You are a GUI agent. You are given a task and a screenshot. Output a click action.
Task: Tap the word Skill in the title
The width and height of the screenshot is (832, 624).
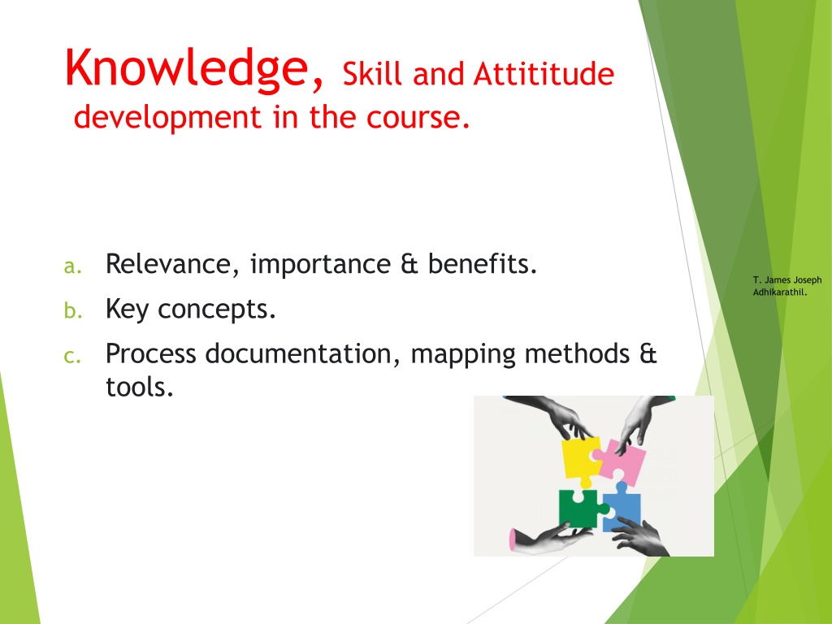tap(372, 73)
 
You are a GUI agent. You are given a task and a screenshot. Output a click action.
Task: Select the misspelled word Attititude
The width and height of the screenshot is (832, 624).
tap(544, 73)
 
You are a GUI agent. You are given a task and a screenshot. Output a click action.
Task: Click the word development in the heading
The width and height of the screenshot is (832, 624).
tap(167, 118)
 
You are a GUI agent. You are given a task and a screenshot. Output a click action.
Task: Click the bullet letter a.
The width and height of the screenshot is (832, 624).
tap(72, 266)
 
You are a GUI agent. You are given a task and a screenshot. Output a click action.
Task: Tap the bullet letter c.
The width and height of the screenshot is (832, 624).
tap(72, 356)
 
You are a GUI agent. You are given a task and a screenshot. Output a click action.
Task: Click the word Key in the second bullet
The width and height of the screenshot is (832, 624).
tap(127, 310)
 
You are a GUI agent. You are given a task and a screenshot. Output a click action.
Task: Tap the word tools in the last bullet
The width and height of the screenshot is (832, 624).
tap(140, 387)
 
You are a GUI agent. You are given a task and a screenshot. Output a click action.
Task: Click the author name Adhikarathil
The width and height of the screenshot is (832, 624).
tap(780, 292)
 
